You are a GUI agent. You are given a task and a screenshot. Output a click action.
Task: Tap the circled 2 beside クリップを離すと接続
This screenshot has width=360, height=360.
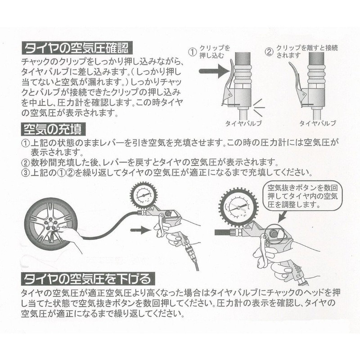coord(269,50)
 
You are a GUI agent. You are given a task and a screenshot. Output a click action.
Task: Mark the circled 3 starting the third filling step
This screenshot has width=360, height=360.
coord(26,172)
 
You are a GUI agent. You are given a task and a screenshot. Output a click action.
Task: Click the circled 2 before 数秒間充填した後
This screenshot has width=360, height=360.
coord(26,162)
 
